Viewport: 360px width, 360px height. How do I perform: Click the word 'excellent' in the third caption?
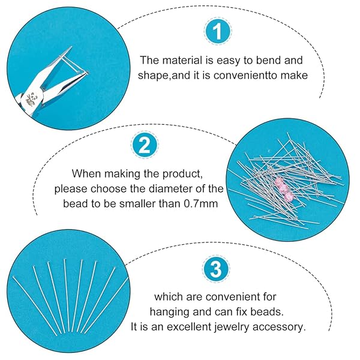[x=193, y=327]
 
